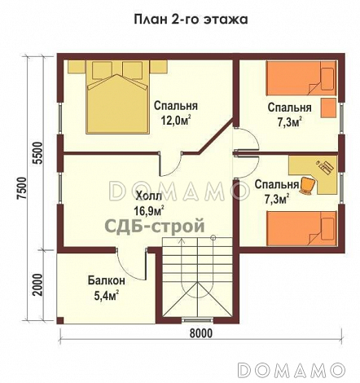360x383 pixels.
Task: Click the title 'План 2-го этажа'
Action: coord(180,18)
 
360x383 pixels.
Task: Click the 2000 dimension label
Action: coord(36,287)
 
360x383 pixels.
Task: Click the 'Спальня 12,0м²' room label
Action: coord(177,113)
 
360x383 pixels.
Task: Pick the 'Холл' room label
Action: coord(148,196)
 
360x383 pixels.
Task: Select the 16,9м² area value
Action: coord(148,209)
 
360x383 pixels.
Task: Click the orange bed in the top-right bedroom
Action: coord(301,80)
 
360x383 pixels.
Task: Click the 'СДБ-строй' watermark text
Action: coord(153,227)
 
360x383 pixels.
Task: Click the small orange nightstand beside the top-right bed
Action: coord(328,107)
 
